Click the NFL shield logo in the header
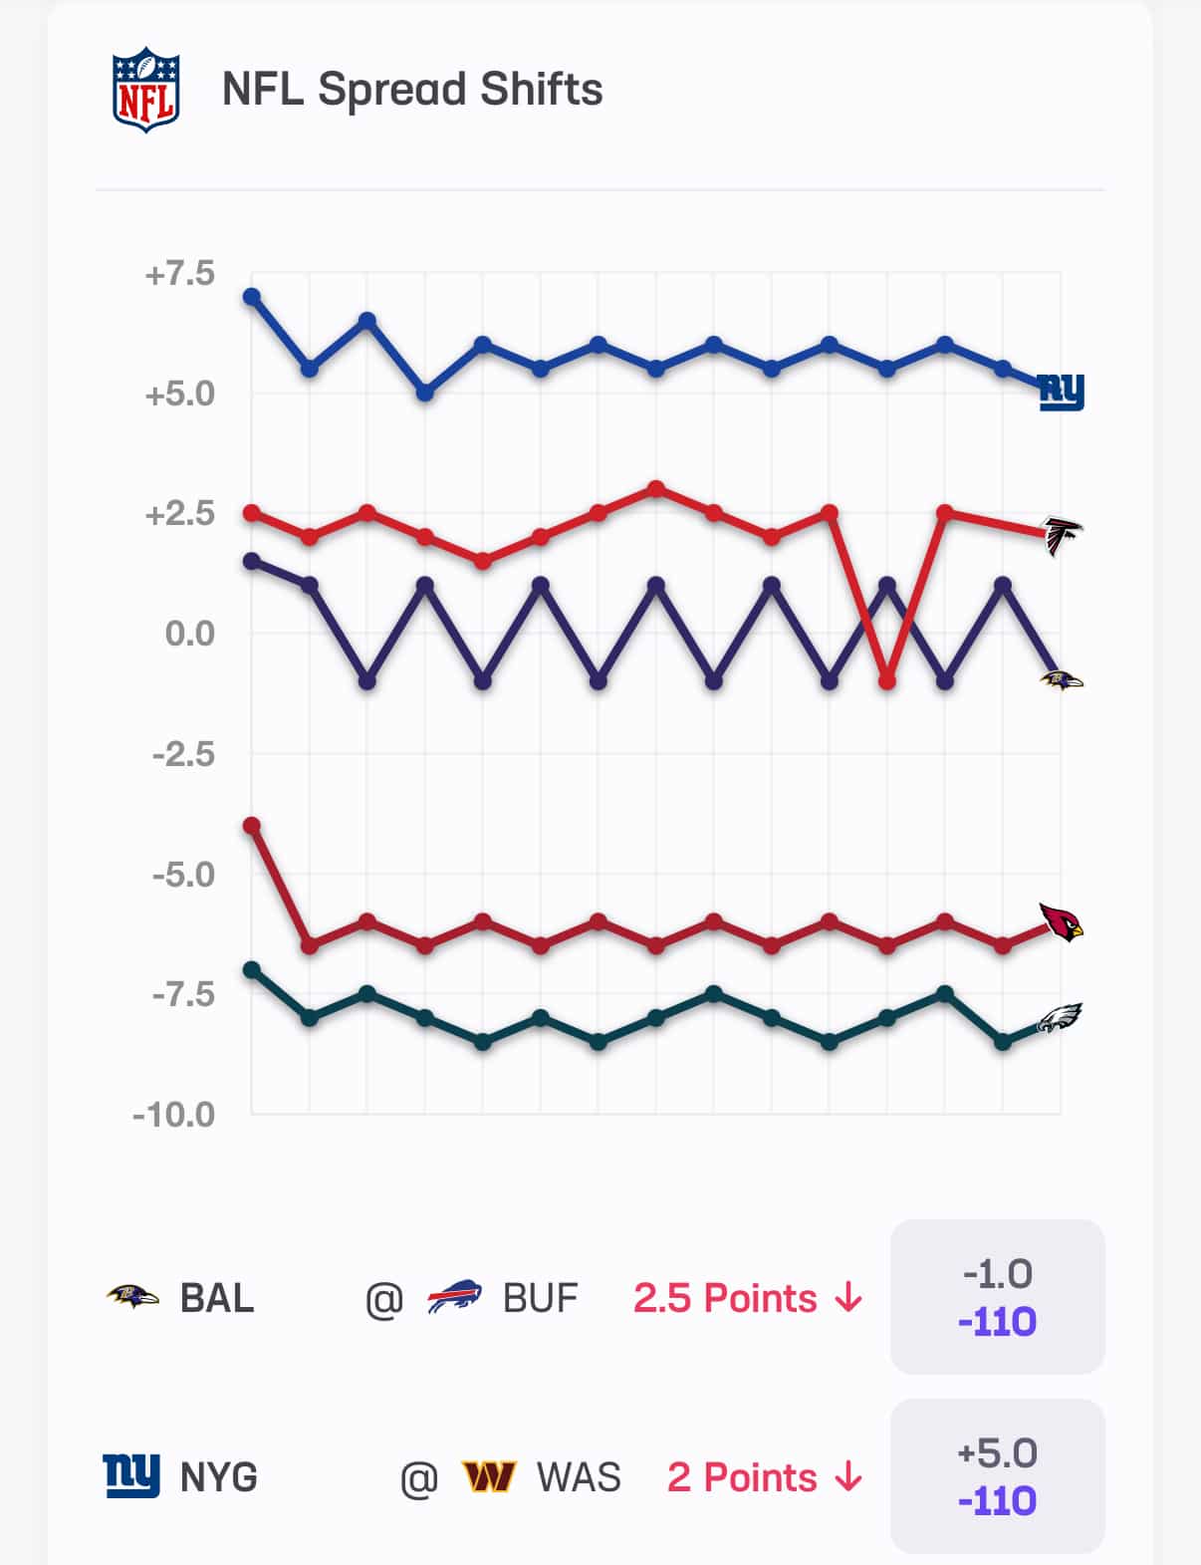(x=146, y=89)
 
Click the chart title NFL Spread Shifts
(x=412, y=89)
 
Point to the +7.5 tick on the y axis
(x=179, y=273)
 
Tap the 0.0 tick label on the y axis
(x=189, y=634)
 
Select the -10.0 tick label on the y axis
(x=173, y=1114)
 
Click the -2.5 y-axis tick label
(x=183, y=754)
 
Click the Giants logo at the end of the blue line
(x=1062, y=391)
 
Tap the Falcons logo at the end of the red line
(x=1062, y=535)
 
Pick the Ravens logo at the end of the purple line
(x=1061, y=681)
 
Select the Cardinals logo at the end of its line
(x=1061, y=922)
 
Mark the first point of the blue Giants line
(x=252, y=297)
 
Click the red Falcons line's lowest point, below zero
(x=887, y=681)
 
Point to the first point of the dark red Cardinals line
(x=252, y=826)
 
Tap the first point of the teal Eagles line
(x=252, y=969)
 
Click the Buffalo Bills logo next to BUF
(x=454, y=1297)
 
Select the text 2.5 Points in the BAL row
(x=725, y=1298)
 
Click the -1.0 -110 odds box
(x=997, y=1297)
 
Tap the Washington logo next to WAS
(x=489, y=1476)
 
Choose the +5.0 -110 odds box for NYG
(x=997, y=1476)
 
